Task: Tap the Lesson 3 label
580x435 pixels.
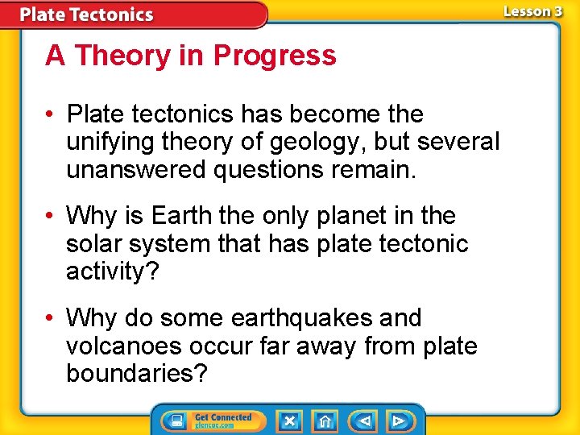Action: [532, 11]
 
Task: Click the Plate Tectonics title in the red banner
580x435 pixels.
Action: [86, 14]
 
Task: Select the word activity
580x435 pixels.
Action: [110, 271]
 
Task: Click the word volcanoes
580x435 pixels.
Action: [124, 346]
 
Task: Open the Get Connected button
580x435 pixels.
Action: [209, 420]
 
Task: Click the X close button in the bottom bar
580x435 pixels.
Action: [289, 420]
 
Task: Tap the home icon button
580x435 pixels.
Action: [325, 420]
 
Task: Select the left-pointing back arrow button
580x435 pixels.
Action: [363, 420]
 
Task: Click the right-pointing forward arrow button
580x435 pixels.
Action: [399, 420]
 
